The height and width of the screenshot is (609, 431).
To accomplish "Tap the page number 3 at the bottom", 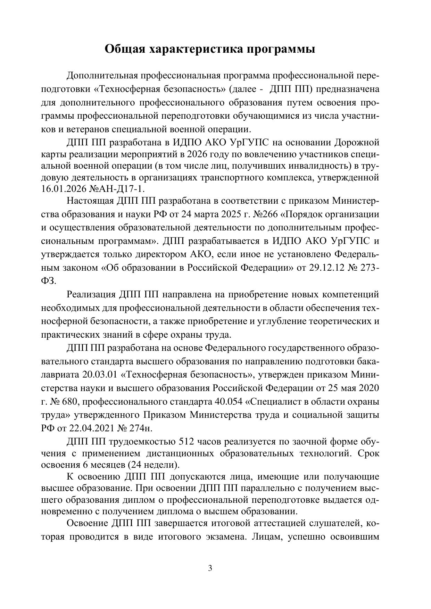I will click(210, 568).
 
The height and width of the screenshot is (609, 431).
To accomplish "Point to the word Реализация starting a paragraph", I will click(91, 295).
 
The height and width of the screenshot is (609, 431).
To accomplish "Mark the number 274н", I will click(141, 428).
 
